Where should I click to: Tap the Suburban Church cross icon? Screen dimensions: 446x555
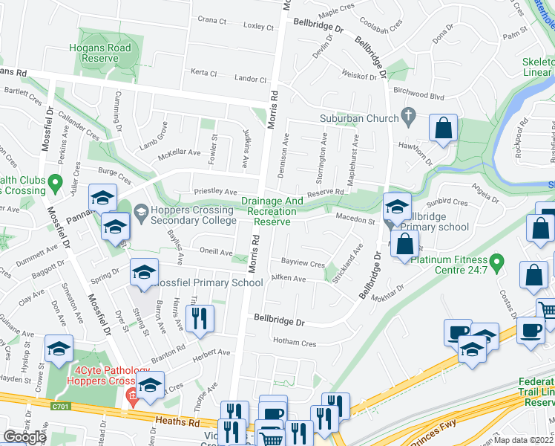407,116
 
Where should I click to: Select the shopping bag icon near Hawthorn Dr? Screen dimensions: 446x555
443,128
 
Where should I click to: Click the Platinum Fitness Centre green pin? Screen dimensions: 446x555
499,263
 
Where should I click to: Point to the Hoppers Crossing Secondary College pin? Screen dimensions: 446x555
141,216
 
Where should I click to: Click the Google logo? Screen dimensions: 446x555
24,436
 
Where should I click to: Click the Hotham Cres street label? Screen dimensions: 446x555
295,343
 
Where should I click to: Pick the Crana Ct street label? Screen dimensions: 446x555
211,20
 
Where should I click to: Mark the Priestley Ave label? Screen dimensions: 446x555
214,191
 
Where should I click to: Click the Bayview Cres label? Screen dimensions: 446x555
303,263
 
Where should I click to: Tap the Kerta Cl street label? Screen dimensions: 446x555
203,73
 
